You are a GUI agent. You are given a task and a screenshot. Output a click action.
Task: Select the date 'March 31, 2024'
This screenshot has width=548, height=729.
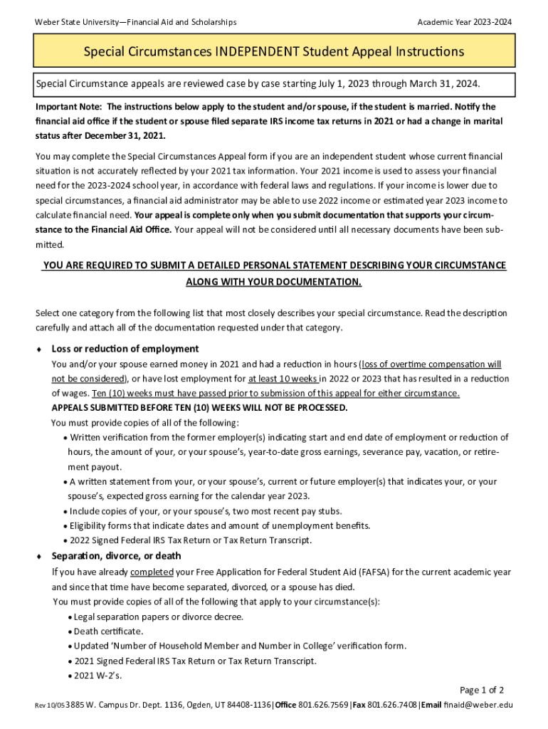click(x=441, y=84)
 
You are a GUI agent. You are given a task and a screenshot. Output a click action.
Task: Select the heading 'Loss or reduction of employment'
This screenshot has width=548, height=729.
click(x=125, y=349)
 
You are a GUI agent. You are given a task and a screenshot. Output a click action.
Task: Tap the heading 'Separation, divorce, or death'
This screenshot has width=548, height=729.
click(x=116, y=556)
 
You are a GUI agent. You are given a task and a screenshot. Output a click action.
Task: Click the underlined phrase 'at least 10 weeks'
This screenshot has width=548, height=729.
click(x=283, y=379)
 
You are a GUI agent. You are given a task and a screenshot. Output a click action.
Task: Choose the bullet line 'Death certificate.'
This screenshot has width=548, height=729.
click(x=107, y=631)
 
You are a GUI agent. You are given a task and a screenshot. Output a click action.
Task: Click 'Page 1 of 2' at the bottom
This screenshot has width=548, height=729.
click(x=482, y=691)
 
